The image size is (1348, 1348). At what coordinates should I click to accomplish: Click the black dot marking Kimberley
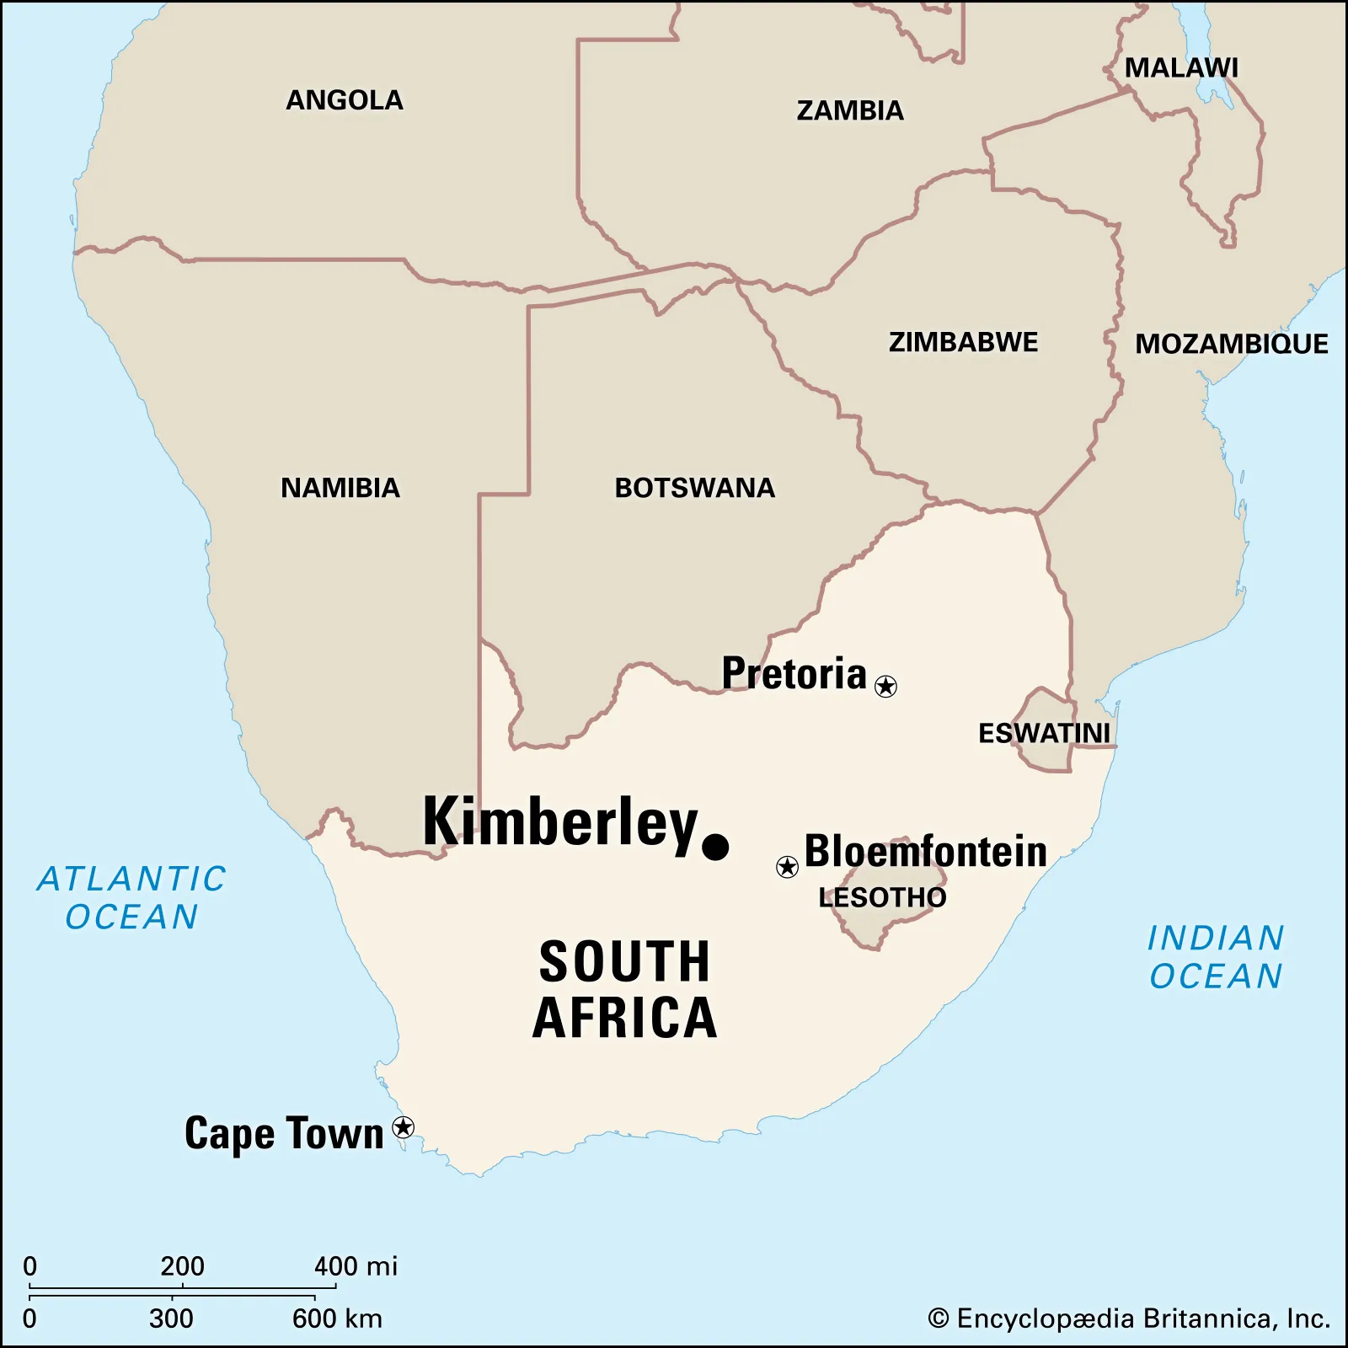[715, 847]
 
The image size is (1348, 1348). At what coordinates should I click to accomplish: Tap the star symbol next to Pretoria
[885, 687]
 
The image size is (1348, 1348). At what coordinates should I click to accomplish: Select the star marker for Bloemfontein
[787, 866]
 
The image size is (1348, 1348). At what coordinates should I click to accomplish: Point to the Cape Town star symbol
[404, 1127]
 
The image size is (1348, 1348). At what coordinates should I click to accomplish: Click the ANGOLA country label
[345, 100]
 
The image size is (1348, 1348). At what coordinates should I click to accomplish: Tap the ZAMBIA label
[850, 110]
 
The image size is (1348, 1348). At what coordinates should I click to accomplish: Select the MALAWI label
[1181, 68]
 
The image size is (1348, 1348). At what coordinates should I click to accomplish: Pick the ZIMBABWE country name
[963, 342]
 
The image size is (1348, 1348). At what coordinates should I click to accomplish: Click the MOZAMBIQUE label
[1231, 344]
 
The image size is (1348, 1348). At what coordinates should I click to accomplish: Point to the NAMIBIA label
[340, 488]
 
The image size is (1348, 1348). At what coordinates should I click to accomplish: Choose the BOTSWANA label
[694, 488]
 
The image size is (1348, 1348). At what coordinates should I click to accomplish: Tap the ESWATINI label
[1044, 733]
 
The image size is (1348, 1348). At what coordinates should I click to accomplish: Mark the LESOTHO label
[882, 897]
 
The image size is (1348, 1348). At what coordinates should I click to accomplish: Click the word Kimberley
[560, 822]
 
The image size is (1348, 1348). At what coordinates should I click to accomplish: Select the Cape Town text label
[284, 1132]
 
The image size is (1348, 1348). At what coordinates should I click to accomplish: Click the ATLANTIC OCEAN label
[132, 898]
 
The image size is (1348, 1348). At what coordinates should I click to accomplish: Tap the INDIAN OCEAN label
[1216, 957]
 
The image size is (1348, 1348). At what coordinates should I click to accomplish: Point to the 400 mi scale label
[355, 1265]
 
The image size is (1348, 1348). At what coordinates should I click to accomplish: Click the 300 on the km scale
[171, 1319]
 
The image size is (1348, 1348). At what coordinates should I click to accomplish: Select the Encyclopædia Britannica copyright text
[1129, 1319]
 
